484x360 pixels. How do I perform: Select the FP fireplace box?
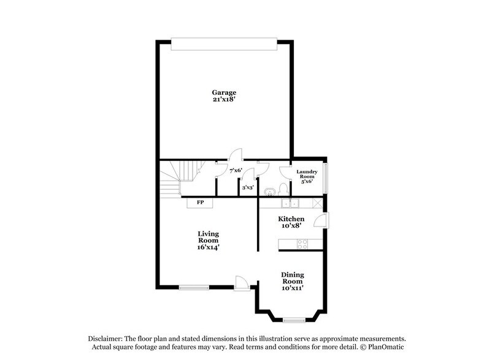coord(200,203)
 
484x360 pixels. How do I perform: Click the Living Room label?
coord(209,237)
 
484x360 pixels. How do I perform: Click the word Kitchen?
coord(291,219)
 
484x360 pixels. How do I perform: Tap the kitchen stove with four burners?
coord(302,243)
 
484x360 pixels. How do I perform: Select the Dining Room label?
coord(293,278)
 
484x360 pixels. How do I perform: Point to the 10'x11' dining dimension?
coord(293,287)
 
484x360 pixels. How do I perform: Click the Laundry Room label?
coord(307,176)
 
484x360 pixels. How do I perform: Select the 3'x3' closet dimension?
coord(248,187)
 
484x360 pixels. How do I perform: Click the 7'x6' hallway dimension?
coord(236,170)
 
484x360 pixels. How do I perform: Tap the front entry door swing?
coord(242,282)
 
